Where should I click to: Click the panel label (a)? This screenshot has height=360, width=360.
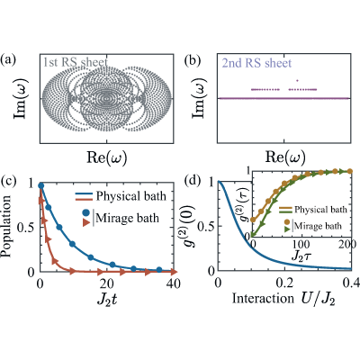pyautogui.click(x=8, y=60)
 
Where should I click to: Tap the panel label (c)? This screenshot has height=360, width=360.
pyautogui.click(x=8, y=181)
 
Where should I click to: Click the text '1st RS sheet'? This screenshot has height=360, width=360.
pyautogui.click(x=75, y=62)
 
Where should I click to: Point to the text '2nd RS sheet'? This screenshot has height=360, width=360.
pyautogui.click(x=256, y=63)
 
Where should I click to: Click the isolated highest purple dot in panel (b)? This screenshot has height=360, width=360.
pyautogui.click(x=297, y=80)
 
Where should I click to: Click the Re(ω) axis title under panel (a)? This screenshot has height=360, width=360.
pyautogui.click(x=106, y=157)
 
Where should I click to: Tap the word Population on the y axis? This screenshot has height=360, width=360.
pyautogui.click(x=6, y=226)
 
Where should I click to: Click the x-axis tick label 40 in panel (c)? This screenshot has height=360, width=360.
pyautogui.click(x=174, y=283)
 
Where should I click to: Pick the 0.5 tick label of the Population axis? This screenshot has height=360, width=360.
pyautogui.click(x=26, y=227)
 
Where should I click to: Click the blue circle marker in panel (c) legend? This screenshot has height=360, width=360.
pyautogui.click(x=86, y=213)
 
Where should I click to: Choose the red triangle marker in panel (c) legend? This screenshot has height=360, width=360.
pyautogui.click(x=86, y=223)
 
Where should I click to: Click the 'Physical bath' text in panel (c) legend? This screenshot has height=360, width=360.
pyautogui.click(x=131, y=196)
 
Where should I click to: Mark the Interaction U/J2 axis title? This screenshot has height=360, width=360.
pyautogui.click(x=283, y=299)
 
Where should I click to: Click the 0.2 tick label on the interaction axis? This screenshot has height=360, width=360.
pyautogui.click(x=284, y=283)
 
